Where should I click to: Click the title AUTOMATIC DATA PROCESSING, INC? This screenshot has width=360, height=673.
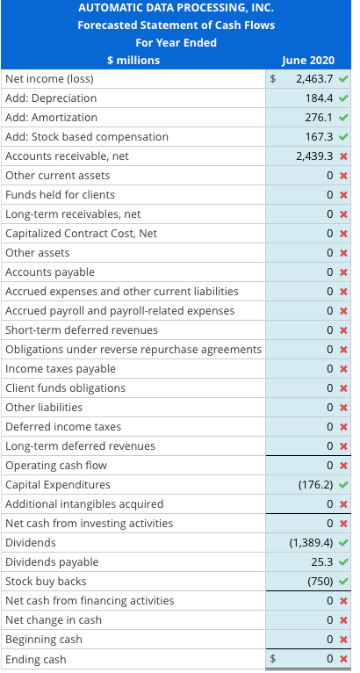[x=176, y=8]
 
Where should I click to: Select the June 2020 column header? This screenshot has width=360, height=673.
[x=306, y=60]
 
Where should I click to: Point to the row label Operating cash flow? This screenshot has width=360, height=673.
[x=56, y=466]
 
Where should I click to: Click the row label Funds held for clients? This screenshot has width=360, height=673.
[x=60, y=195]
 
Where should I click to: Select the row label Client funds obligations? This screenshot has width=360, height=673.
[x=65, y=388]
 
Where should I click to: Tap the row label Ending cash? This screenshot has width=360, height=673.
[x=35, y=659]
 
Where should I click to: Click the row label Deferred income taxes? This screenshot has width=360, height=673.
[x=63, y=427]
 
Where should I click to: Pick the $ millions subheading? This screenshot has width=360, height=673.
[x=133, y=60]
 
